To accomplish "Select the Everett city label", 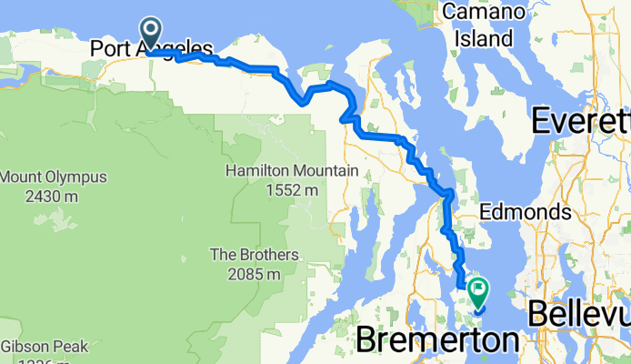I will click(x=580, y=120).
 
